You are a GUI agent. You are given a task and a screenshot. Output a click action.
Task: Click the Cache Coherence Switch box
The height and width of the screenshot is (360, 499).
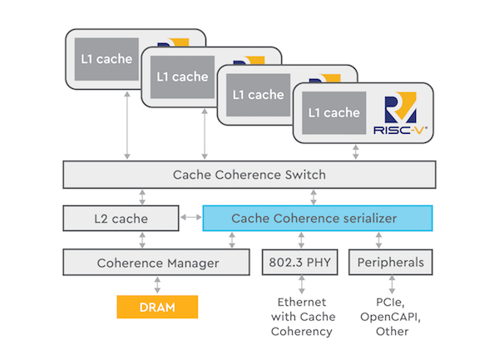pyautogui.click(x=249, y=175)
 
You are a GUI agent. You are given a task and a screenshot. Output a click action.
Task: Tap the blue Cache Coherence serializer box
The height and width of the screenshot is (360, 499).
pyautogui.click(x=319, y=219)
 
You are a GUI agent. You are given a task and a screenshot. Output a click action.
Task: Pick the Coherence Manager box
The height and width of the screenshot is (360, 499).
pyautogui.click(x=156, y=263)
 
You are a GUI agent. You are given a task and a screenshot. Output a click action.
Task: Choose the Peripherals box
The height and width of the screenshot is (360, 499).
pyautogui.click(x=391, y=263)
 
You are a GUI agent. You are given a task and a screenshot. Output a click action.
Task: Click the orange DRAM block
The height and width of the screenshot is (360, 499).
pyautogui.click(x=157, y=307)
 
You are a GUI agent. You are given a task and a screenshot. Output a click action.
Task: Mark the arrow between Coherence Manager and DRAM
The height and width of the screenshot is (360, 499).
pyautogui.click(x=157, y=285)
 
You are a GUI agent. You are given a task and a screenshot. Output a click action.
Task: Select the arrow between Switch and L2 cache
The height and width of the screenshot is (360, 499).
pyautogui.click(x=143, y=197)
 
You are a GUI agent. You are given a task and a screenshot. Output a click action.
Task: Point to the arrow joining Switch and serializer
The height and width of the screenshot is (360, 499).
pyautogui.click(x=312, y=197)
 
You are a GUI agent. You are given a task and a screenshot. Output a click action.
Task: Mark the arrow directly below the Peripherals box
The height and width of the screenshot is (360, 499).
pyautogui.click(x=390, y=284)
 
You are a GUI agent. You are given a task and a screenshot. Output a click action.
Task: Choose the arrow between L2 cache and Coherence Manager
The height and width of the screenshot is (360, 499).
pyautogui.click(x=143, y=240)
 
